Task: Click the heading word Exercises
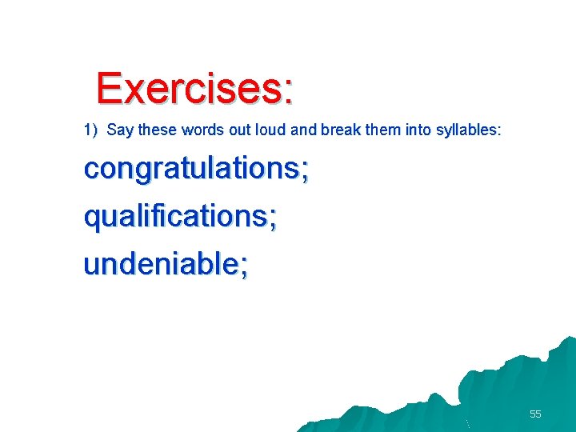189,89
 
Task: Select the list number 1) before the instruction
90,130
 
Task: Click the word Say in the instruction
119,130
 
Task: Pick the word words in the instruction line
201,130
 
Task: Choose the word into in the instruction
418,130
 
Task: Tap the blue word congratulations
191,169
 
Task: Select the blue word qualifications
175,217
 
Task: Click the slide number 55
535,414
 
